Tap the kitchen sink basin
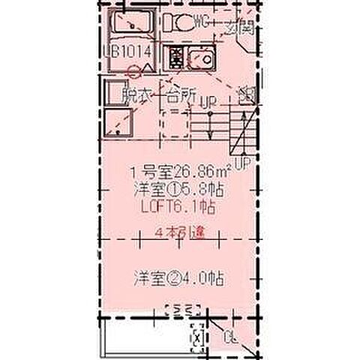(200, 57)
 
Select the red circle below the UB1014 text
(134, 73)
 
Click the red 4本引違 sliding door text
(181, 232)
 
